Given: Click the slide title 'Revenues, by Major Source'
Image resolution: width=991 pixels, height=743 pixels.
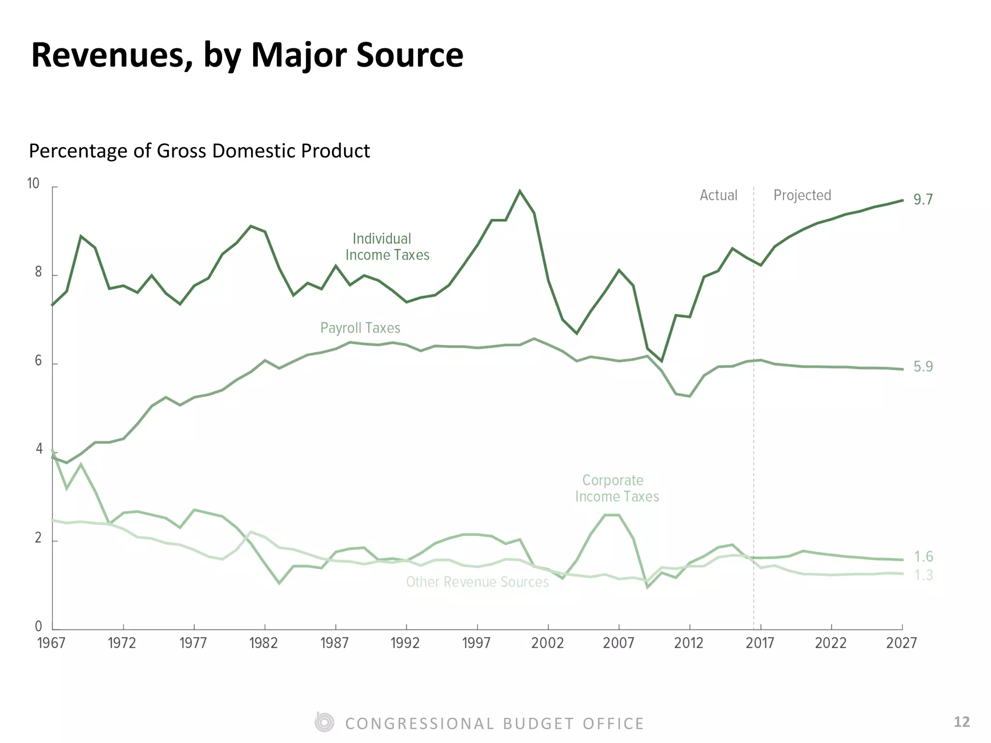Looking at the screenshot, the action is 247,56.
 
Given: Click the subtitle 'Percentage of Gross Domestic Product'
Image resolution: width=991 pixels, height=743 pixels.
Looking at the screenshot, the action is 199,151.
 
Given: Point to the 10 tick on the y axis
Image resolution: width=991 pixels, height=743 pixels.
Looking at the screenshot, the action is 33,183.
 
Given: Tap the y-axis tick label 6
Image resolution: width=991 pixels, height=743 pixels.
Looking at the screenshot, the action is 38,361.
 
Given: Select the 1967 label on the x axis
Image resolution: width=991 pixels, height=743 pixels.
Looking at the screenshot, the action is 51,643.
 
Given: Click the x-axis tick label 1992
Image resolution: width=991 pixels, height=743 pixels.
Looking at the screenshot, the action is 405,643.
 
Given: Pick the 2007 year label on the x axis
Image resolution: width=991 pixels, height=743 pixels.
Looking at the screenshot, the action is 618,643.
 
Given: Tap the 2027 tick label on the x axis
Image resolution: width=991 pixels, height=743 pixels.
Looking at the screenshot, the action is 901,643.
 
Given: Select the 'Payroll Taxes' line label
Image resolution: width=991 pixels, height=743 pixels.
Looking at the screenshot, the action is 360,328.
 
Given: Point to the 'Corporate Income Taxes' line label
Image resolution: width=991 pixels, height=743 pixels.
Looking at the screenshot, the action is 617,488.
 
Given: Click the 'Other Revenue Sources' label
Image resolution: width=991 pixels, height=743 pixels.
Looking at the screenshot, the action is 478,581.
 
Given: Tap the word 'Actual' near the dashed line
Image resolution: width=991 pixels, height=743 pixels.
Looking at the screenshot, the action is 719,195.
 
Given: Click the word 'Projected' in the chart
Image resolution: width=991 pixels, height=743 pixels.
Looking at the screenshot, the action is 802,195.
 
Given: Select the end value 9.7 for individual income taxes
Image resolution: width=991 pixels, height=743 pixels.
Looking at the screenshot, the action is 923,199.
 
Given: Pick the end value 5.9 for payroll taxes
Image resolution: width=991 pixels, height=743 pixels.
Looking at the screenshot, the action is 923,367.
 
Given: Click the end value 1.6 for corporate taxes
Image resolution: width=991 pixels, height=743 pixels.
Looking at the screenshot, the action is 923,557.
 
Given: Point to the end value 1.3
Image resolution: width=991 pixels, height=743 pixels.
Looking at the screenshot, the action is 923,575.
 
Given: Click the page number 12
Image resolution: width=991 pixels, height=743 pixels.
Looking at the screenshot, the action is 962,722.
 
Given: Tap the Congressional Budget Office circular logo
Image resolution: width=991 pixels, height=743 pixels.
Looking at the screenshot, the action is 324,722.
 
